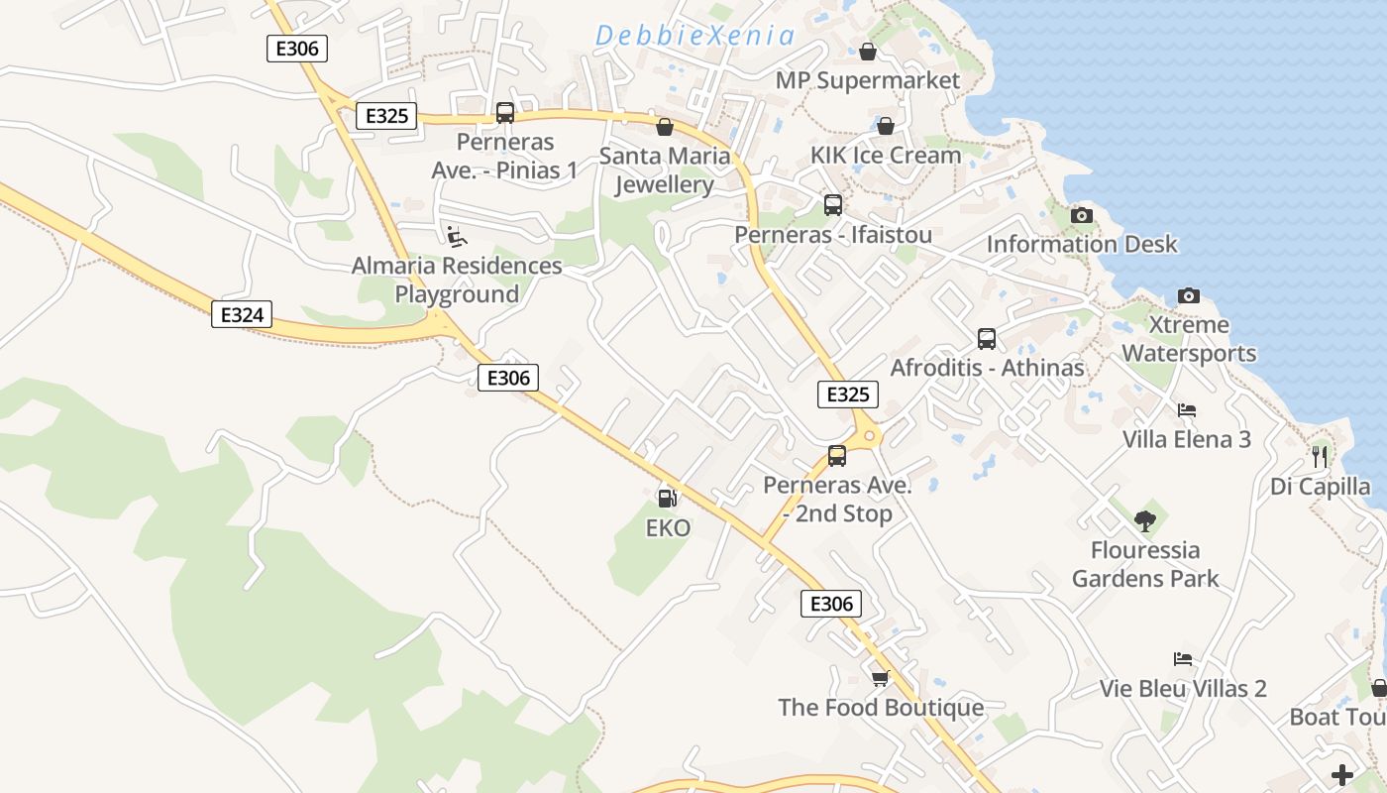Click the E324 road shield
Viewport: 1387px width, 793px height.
pos(242,315)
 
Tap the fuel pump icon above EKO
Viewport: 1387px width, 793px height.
pos(668,499)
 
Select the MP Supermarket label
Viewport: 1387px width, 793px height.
pos(868,80)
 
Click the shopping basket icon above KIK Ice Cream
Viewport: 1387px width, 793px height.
pos(886,126)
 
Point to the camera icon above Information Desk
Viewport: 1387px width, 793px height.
pos(1082,215)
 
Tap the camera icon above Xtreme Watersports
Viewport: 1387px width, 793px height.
pos(1188,295)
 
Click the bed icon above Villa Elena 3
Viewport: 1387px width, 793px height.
pos(1186,410)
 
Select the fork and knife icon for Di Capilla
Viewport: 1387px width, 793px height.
pos(1319,456)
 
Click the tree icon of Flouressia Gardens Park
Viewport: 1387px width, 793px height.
pos(1145,520)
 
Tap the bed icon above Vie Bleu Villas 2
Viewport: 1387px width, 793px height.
pos(1182,659)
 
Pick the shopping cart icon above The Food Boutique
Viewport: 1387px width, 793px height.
pos(880,678)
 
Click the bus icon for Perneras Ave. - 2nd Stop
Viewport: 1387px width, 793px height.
pos(837,456)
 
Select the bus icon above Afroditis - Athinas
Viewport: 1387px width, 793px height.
pos(987,339)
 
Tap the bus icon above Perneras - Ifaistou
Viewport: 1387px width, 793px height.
pos(833,205)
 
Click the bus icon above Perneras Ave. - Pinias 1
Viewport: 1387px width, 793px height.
pos(505,113)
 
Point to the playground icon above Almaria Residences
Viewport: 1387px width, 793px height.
pos(456,237)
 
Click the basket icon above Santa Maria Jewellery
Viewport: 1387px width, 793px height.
pos(665,127)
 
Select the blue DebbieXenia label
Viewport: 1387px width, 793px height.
pos(694,37)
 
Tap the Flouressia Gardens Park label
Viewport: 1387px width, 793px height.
pos(1145,564)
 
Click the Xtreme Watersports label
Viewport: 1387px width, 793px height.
pos(1188,339)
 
